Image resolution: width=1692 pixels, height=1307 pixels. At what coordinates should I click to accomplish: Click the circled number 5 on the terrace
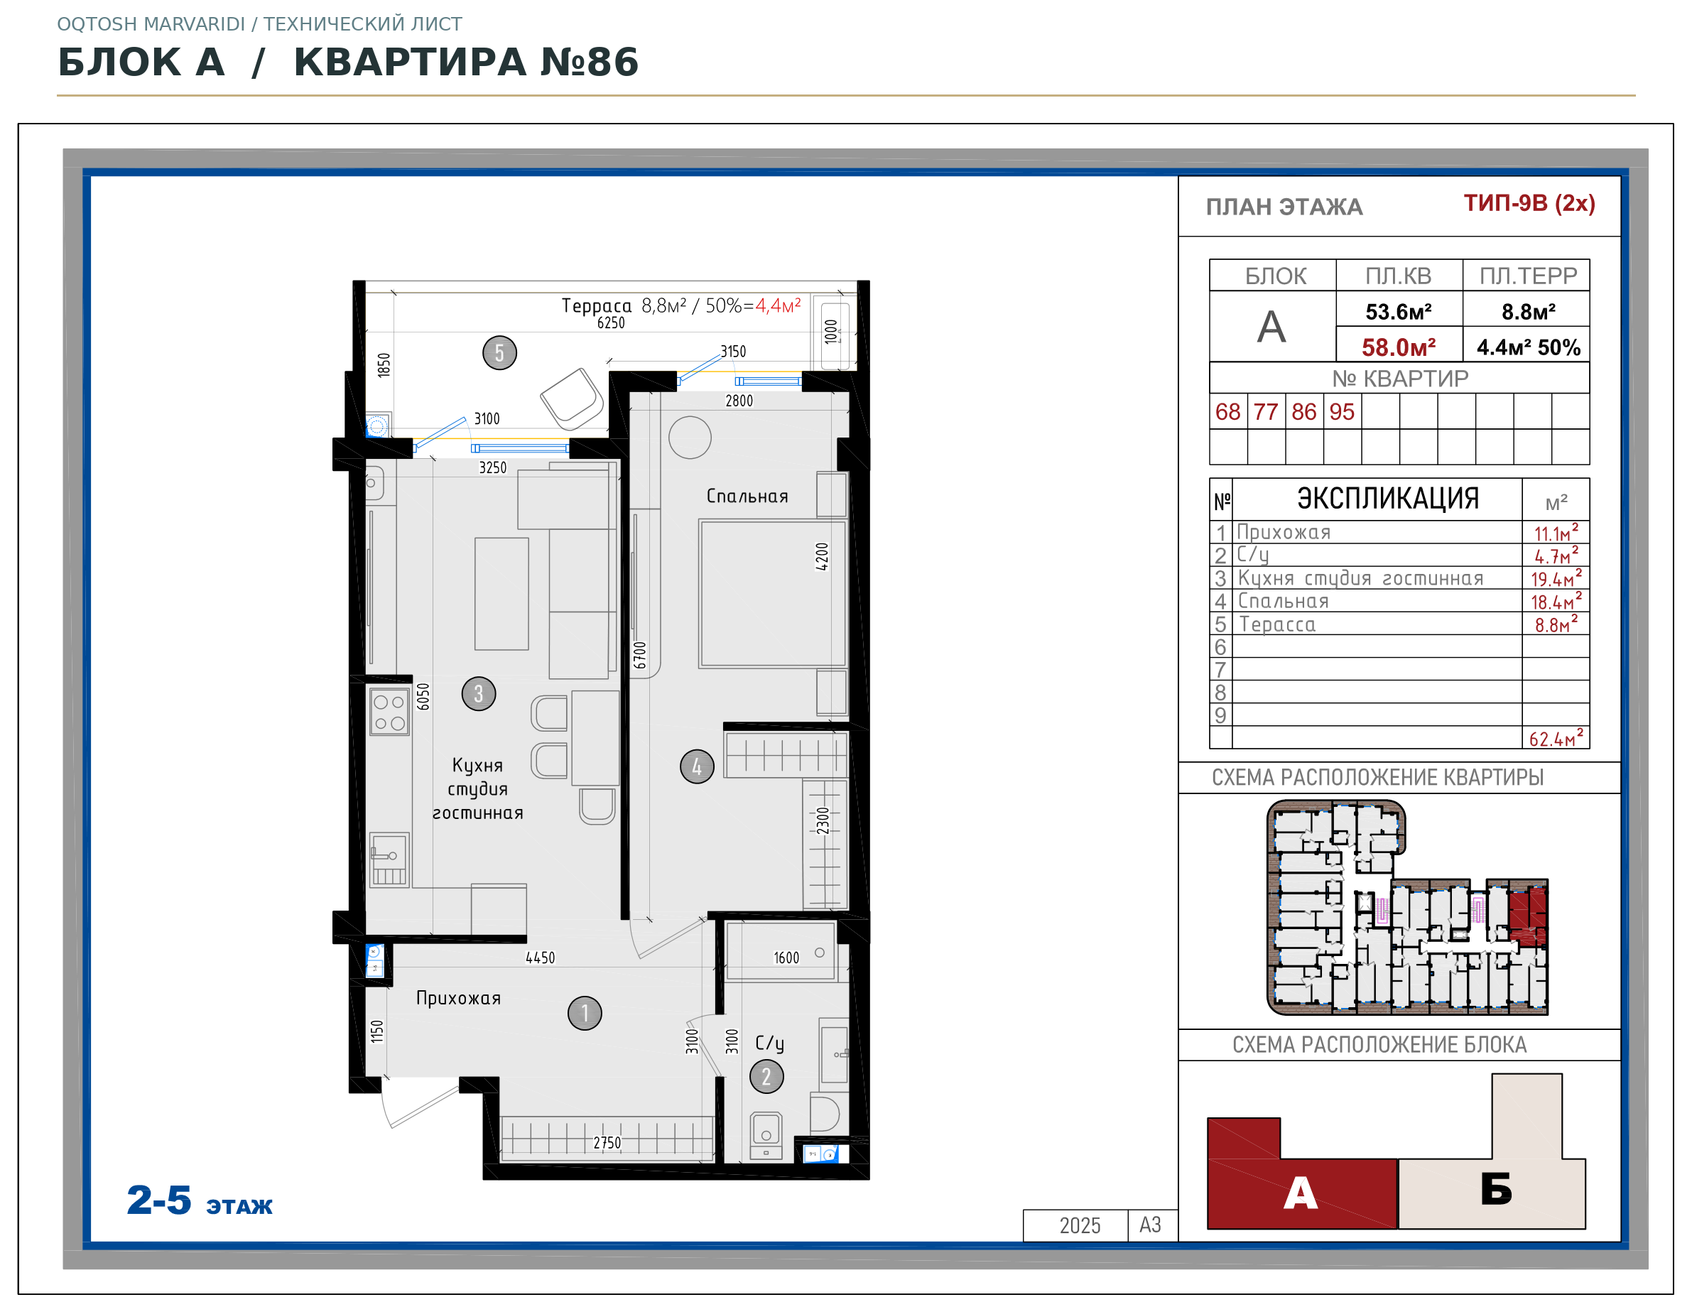(499, 353)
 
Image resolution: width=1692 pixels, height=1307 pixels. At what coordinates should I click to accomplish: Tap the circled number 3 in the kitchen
(479, 693)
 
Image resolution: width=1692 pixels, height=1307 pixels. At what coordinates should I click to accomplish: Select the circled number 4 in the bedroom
(698, 767)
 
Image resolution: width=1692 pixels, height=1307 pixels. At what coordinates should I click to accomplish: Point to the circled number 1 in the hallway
(585, 1014)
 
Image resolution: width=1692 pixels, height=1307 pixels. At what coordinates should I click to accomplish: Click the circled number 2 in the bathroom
(767, 1077)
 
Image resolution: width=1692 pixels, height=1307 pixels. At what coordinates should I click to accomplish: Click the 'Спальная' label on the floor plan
(747, 497)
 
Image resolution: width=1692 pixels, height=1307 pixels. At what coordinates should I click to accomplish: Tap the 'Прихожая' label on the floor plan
(459, 999)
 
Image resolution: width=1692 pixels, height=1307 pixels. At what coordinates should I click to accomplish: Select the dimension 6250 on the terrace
(612, 323)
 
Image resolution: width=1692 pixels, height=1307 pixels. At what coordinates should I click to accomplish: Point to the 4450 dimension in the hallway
(541, 958)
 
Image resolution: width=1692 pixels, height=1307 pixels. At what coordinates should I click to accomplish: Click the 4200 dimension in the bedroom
(823, 557)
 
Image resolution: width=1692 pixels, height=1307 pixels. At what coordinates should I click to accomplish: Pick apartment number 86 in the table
(1304, 411)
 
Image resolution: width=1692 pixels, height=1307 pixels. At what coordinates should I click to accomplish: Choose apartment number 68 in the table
(1228, 411)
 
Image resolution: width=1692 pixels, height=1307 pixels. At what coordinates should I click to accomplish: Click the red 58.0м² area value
(1399, 347)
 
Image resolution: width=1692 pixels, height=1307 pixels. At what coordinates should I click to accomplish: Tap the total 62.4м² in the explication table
(1556, 738)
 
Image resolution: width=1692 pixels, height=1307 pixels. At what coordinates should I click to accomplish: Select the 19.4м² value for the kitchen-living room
(1556, 578)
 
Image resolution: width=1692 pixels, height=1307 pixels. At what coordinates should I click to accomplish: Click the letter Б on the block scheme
(1497, 1189)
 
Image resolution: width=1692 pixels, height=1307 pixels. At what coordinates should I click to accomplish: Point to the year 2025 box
(1080, 1225)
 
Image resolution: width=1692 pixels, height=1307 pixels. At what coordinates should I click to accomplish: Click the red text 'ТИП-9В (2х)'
(1529, 203)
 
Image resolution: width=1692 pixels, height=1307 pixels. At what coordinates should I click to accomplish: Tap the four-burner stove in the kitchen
(389, 712)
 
